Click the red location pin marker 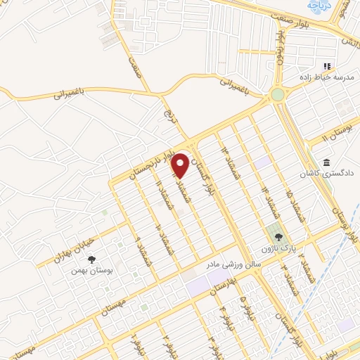180,165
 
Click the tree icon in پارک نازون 278,237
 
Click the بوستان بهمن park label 92,269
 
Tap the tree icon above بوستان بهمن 92,257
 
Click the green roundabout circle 278,94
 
